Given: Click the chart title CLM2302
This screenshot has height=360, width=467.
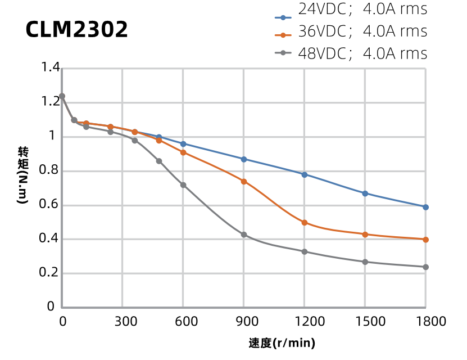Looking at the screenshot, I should coord(76,30).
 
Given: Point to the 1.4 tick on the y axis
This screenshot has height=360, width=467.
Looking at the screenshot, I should coord(51,68).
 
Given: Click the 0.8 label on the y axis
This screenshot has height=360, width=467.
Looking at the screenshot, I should coord(51,170).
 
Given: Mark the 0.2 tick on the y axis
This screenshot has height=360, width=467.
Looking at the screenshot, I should coord(51,273).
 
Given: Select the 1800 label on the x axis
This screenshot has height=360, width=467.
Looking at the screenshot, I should coord(425,321).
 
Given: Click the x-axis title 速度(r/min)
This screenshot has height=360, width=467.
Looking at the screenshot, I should coord(282,343).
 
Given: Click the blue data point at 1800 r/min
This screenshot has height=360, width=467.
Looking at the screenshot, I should coord(425,207).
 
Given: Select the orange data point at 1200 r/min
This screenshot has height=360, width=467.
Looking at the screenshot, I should coord(305,223).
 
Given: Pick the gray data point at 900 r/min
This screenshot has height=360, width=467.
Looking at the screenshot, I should coord(244,235).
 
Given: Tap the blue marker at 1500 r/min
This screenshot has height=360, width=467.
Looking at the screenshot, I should coord(365,193).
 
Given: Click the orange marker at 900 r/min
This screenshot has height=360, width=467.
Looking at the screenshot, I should coord(244,181).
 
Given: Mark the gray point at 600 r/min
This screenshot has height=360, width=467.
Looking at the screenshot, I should coord(183,185).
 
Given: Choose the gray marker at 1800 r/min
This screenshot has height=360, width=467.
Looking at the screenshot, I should coord(425,267).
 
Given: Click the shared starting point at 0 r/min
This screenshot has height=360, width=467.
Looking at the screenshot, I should coord(62,96).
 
